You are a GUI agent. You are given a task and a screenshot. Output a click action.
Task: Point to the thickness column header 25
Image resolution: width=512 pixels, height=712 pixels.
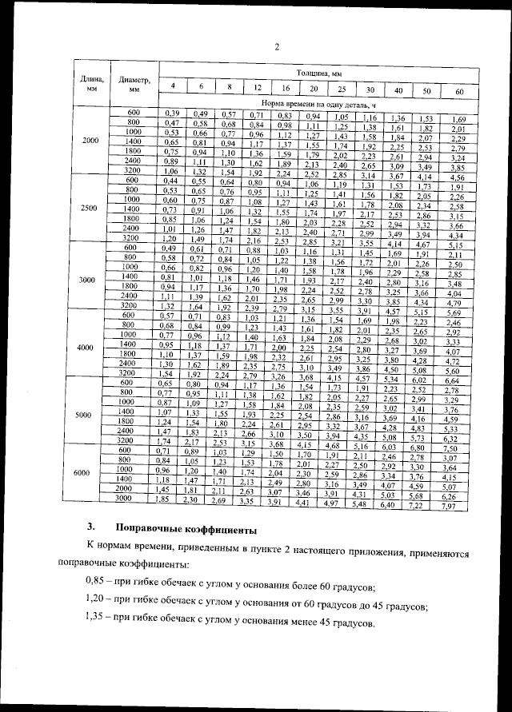click(x=342, y=89)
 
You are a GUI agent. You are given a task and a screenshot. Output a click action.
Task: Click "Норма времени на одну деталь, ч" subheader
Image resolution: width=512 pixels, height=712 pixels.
click(x=318, y=104)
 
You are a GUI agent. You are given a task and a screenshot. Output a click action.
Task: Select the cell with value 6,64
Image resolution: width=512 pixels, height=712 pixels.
click(x=456, y=382)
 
